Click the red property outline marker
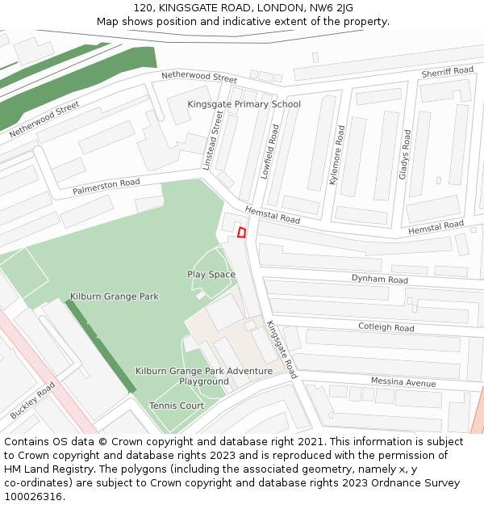point(241,233)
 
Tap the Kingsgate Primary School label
point(244,104)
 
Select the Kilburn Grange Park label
point(114,297)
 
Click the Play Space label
point(211,275)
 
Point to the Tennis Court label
point(177,406)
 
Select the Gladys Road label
point(406,154)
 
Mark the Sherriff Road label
point(447,73)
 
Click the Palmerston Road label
point(106,187)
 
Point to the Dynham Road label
point(379,279)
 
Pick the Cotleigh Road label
point(386,327)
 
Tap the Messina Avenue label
point(403,381)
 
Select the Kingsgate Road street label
point(282,350)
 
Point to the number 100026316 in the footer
point(34,496)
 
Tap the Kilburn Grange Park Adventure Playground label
point(204,376)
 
